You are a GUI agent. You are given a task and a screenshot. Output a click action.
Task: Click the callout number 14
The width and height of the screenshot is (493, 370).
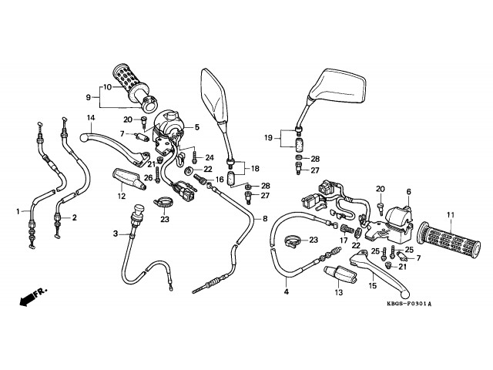91,118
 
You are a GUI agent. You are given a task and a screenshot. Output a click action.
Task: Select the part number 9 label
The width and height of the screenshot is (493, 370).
88,98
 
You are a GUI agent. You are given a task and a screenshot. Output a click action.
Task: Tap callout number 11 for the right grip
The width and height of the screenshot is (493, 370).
451,214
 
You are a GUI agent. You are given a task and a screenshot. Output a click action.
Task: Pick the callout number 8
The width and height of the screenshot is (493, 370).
265,218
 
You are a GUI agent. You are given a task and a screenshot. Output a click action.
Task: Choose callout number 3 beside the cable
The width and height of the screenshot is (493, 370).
116,234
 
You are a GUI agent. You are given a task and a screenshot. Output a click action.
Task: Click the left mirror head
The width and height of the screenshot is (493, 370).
213,96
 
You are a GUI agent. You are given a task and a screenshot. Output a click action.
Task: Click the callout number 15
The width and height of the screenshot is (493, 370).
371,286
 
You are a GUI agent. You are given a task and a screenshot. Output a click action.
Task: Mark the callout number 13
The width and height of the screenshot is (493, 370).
337,292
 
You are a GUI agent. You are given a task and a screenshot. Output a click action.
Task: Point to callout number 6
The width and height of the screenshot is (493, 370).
409,191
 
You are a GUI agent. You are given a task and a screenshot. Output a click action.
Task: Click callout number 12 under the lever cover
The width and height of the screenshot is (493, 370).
122,197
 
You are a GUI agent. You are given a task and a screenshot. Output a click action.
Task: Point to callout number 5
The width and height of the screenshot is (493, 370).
196,127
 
